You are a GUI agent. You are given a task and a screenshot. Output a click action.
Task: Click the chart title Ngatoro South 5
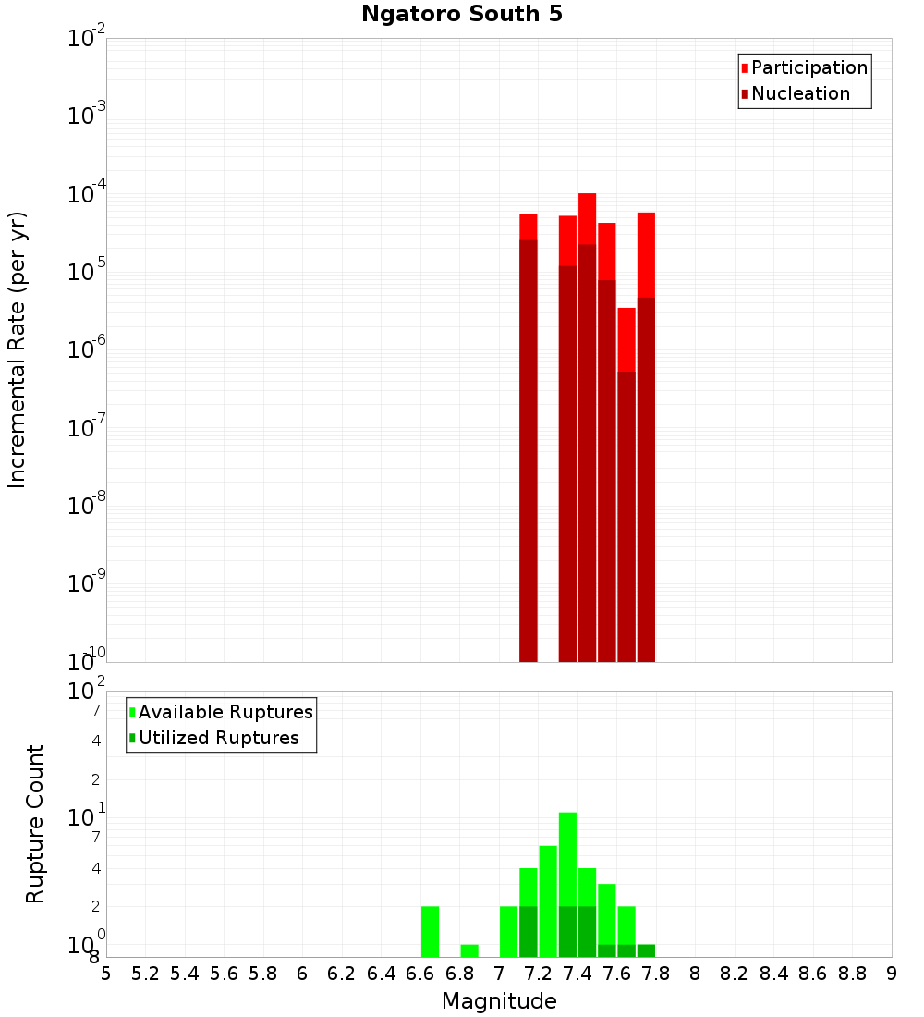click(x=461, y=15)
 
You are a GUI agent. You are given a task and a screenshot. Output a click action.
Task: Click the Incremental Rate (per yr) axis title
click(x=18, y=350)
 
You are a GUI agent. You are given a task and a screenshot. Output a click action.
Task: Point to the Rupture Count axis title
click(x=35, y=824)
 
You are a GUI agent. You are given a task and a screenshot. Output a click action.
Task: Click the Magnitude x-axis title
click(x=499, y=1001)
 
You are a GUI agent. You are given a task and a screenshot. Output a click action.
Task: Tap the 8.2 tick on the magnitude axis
click(x=735, y=974)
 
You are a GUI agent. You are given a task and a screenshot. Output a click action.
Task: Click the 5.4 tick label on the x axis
click(x=185, y=974)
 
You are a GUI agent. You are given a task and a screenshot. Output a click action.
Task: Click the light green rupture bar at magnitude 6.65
click(x=430, y=931)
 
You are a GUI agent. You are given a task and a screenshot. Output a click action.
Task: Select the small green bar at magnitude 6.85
click(x=469, y=950)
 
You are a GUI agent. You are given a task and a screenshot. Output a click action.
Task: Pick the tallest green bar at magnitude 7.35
click(x=567, y=860)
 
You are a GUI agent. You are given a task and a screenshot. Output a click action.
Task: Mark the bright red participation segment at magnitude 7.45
click(x=587, y=218)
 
